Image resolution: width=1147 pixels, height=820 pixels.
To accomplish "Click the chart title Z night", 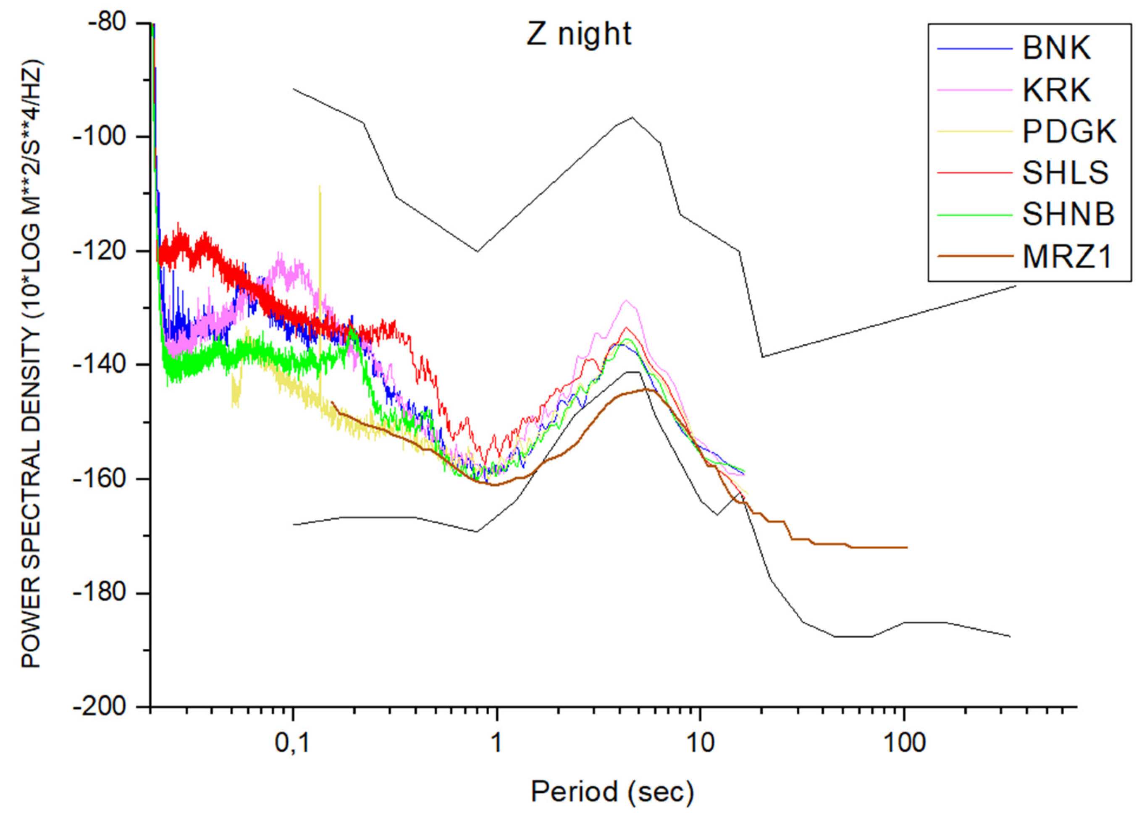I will pos(578,34).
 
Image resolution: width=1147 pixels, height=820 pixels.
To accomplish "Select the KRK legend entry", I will pos(1057,90).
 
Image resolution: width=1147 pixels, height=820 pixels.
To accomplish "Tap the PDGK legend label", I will pos(1069,131).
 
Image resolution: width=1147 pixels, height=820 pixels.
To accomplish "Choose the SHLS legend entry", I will pos(1065,172).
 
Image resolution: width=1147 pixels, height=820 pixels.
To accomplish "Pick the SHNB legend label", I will pos(1068,214).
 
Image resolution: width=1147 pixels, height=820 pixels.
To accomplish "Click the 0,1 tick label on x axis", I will pos(292,743).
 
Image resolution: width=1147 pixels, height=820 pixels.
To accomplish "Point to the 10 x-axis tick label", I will pos(700,743).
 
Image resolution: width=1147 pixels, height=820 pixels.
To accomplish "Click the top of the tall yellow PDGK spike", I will pos(320,187).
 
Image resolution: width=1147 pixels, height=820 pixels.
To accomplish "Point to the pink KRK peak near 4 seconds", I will pos(626,301).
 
